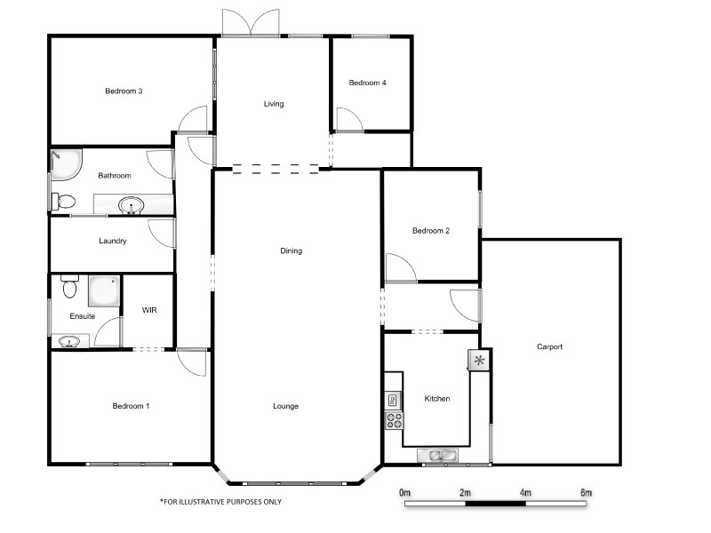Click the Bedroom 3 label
[124, 91]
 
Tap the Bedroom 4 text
[367, 84]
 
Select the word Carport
[549, 346]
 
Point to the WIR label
[149, 310]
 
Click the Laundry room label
[112, 241]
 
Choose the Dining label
[291, 251]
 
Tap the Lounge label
[285, 406]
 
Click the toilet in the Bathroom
[62, 202]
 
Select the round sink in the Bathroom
[132, 206]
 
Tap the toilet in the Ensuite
[70, 288]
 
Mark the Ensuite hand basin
[69, 341]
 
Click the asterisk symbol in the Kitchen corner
[479, 360]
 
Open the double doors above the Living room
[252, 23]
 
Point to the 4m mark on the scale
[524, 492]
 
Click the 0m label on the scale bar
[405, 492]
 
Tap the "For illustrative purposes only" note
[220, 501]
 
